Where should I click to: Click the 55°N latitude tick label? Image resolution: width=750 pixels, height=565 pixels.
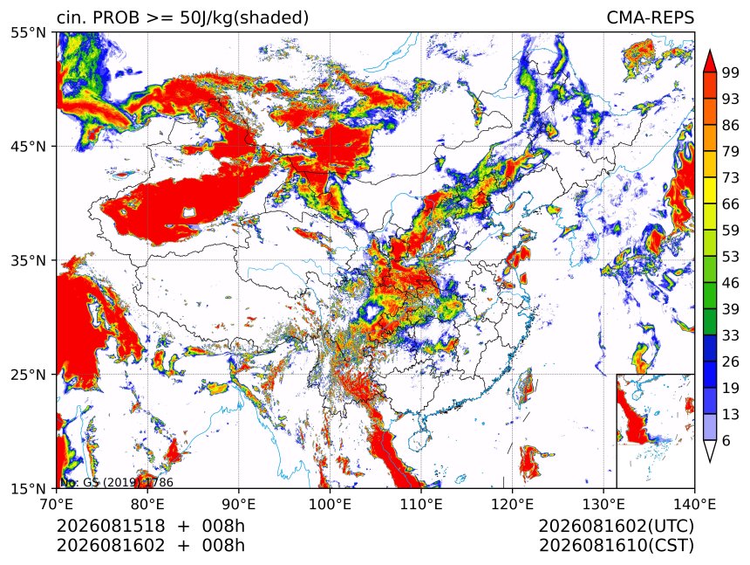click(28, 32)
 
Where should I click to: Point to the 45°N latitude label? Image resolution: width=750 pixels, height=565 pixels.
click(28, 146)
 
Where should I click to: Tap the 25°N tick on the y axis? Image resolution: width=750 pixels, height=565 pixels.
click(28, 374)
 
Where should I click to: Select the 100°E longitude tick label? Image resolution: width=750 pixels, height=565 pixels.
click(330, 504)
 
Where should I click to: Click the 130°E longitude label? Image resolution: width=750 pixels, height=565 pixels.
click(603, 504)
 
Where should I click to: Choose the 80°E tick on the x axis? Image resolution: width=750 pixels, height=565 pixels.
click(147, 504)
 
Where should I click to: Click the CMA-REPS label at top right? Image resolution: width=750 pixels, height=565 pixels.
click(650, 17)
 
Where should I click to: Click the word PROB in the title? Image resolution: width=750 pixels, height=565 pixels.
click(116, 17)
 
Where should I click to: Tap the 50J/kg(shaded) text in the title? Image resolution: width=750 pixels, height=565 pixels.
click(244, 18)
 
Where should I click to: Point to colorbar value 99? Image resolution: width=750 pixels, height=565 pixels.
click(731, 72)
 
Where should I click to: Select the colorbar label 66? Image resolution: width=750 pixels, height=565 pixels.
click(731, 204)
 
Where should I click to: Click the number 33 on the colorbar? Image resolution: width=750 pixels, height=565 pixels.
click(731, 335)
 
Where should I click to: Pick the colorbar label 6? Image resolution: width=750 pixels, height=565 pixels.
click(726, 440)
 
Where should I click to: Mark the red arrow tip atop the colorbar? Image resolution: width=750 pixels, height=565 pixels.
click(709, 50)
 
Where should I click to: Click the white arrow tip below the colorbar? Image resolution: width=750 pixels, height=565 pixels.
click(709, 463)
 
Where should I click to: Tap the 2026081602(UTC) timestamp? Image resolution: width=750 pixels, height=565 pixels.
click(616, 527)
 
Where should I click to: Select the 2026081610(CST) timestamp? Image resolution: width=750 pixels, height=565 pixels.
click(616, 546)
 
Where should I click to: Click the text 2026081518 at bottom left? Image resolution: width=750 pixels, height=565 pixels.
click(111, 526)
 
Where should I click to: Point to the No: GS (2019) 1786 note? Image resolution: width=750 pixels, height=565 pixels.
click(116, 482)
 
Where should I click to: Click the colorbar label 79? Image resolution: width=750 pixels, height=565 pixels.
click(731, 152)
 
